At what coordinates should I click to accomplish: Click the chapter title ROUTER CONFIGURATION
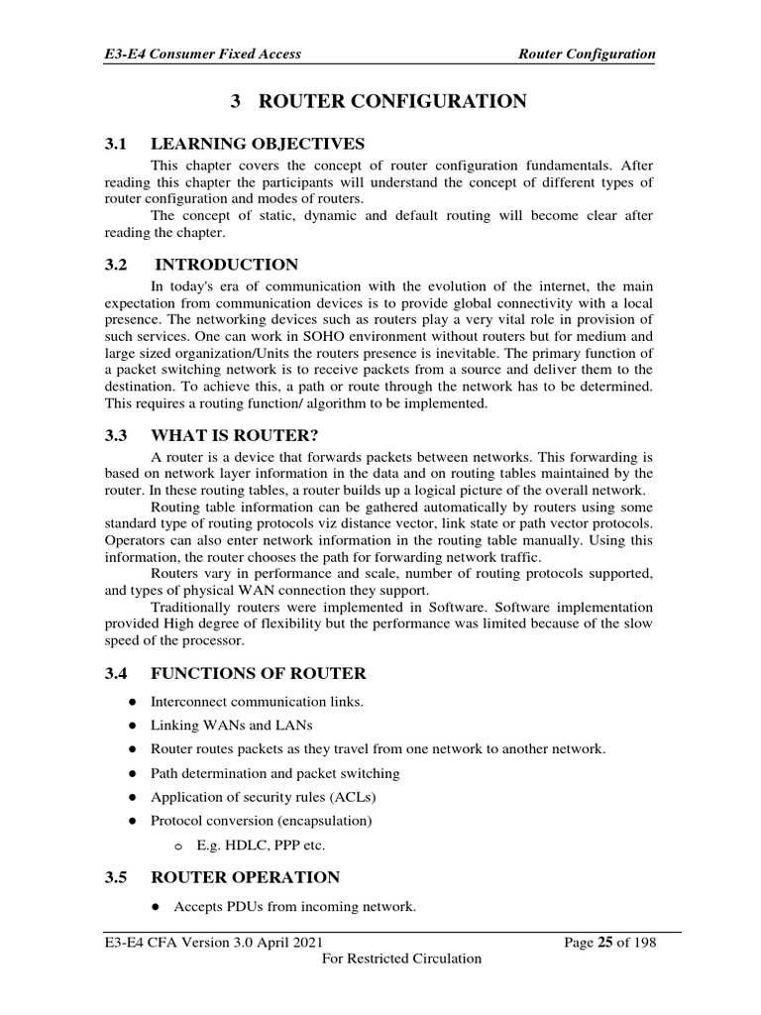[x=392, y=101]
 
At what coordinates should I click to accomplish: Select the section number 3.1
[x=118, y=145]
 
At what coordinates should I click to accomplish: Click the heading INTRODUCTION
[x=227, y=265]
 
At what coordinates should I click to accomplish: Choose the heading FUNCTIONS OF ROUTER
[x=258, y=674]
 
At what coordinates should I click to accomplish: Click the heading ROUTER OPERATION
[x=245, y=877]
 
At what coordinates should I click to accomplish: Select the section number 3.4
[x=118, y=674]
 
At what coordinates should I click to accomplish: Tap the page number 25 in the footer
[x=603, y=942]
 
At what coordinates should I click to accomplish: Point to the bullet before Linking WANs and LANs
[x=132, y=726]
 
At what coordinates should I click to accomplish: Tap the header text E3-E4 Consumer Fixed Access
[x=202, y=55]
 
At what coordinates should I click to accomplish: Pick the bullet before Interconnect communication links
[x=132, y=702]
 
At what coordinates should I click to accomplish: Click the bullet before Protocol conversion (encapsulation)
[x=132, y=821]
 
